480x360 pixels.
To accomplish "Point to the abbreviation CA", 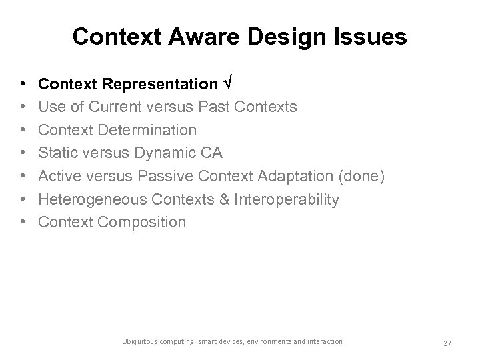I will coord(212,153).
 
